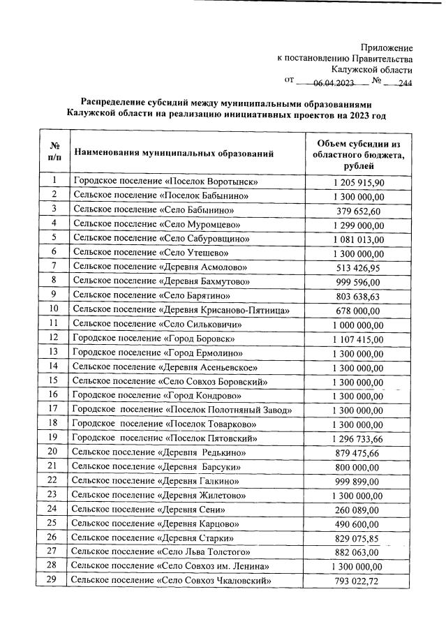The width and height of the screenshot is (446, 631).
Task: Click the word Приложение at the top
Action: pos(385,48)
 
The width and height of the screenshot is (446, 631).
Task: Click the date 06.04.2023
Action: pos(334,83)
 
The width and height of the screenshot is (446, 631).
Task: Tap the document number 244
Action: pos(404,83)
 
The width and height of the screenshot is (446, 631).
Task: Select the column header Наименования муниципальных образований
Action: pos(174,152)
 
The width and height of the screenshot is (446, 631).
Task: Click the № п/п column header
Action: pos(54,152)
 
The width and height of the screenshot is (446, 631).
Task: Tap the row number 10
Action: pos(54,309)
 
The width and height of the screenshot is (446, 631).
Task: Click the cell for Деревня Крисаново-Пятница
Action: pos(191,309)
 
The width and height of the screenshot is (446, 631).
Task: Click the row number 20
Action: pos(54,452)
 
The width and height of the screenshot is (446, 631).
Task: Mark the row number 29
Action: pos(54,580)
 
